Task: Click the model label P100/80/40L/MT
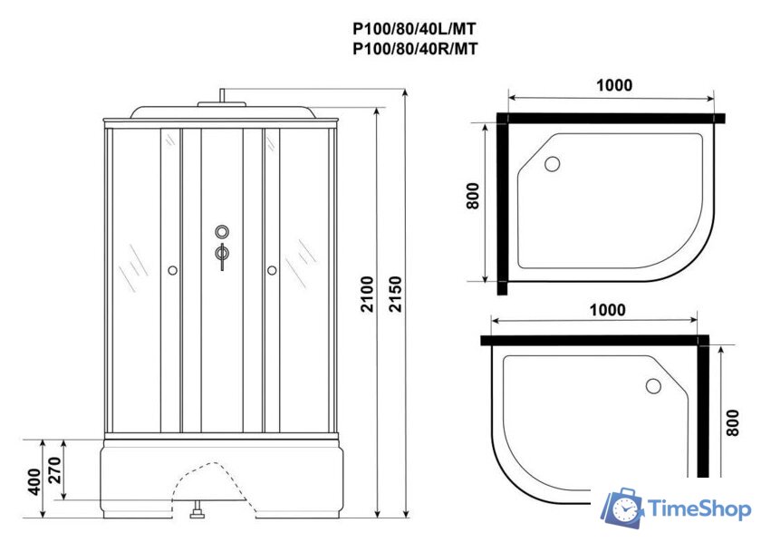pos(413,29)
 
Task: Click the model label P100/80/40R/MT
pos(413,50)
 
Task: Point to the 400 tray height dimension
pos(33,480)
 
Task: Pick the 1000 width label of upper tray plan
pos(614,85)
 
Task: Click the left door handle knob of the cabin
pos(172,269)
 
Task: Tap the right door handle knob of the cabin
pos(270,269)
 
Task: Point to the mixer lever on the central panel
pos(220,255)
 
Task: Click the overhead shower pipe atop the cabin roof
pos(222,96)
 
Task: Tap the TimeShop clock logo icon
pos(623,509)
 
